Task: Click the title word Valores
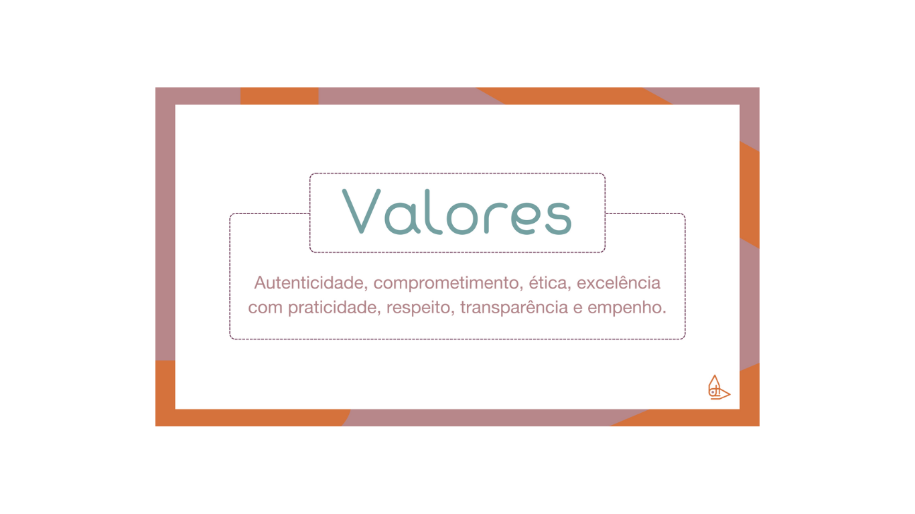pos(457,211)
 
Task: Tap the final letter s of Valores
pos(559,218)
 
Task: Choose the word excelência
pos(618,283)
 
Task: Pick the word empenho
pos(626,309)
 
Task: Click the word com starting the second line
pos(265,309)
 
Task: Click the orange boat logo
pos(718,388)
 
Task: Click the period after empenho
pos(664,313)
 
